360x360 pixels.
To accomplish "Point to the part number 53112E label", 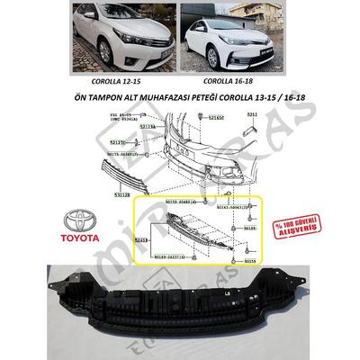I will pos(121,192).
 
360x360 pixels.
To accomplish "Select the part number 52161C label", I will pos(215,119).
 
